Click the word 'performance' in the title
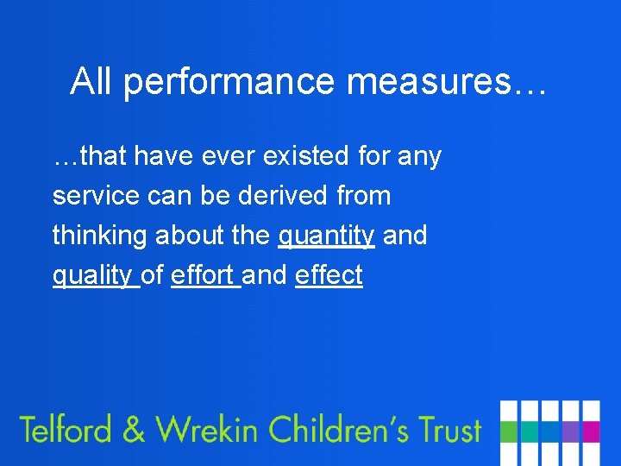[x=226, y=82]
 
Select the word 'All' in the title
[x=92, y=82]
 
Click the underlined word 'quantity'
[x=326, y=236]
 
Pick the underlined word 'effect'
[x=329, y=275]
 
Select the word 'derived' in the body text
[x=282, y=196]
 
